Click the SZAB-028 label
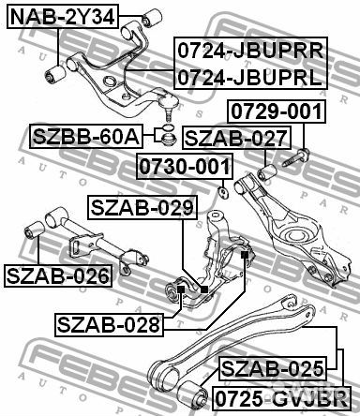click(x=109, y=324)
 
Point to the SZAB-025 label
click(x=272, y=366)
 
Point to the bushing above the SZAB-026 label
click(x=36, y=227)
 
